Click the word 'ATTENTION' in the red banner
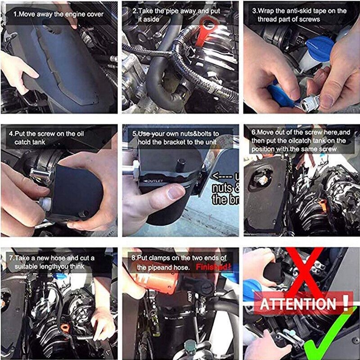298,304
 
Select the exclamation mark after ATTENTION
345,303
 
